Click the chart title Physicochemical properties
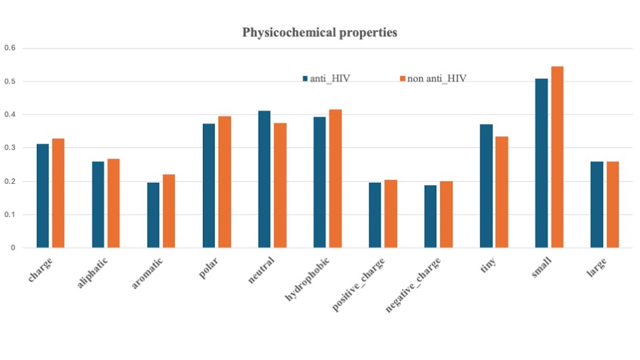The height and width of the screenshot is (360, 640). click(x=320, y=33)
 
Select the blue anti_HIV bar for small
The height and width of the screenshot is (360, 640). click(x=541, y=163)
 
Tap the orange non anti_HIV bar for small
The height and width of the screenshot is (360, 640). click(x=557, y=157)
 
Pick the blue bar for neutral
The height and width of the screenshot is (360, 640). click(x=264, y=179)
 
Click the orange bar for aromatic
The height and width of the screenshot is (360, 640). click(x=169, y=211)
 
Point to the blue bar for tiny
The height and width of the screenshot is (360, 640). click(x=486, y=186)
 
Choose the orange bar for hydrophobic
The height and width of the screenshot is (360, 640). click(x=335, y=178)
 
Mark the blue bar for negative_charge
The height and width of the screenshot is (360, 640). click(x=430, y=217)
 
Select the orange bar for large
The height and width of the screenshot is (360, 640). click(x=613, y=204)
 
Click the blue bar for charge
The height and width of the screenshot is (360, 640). click(x=43, y=196)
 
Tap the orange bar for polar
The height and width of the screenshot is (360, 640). click(x=224, y=182)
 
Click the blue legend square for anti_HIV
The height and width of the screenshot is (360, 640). click(x=305, y=79)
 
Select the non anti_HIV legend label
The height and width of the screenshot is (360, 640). click(x=437, y=79)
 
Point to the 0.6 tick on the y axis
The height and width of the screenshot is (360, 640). click(x=10, y=48)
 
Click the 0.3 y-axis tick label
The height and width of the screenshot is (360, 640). click(x=10, y=148)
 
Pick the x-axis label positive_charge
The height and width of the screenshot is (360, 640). click(x=358, y=284)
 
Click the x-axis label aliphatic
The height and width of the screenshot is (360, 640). click(x=92, y=273)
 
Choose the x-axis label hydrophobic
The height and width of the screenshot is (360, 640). click(x=307, y=279)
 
